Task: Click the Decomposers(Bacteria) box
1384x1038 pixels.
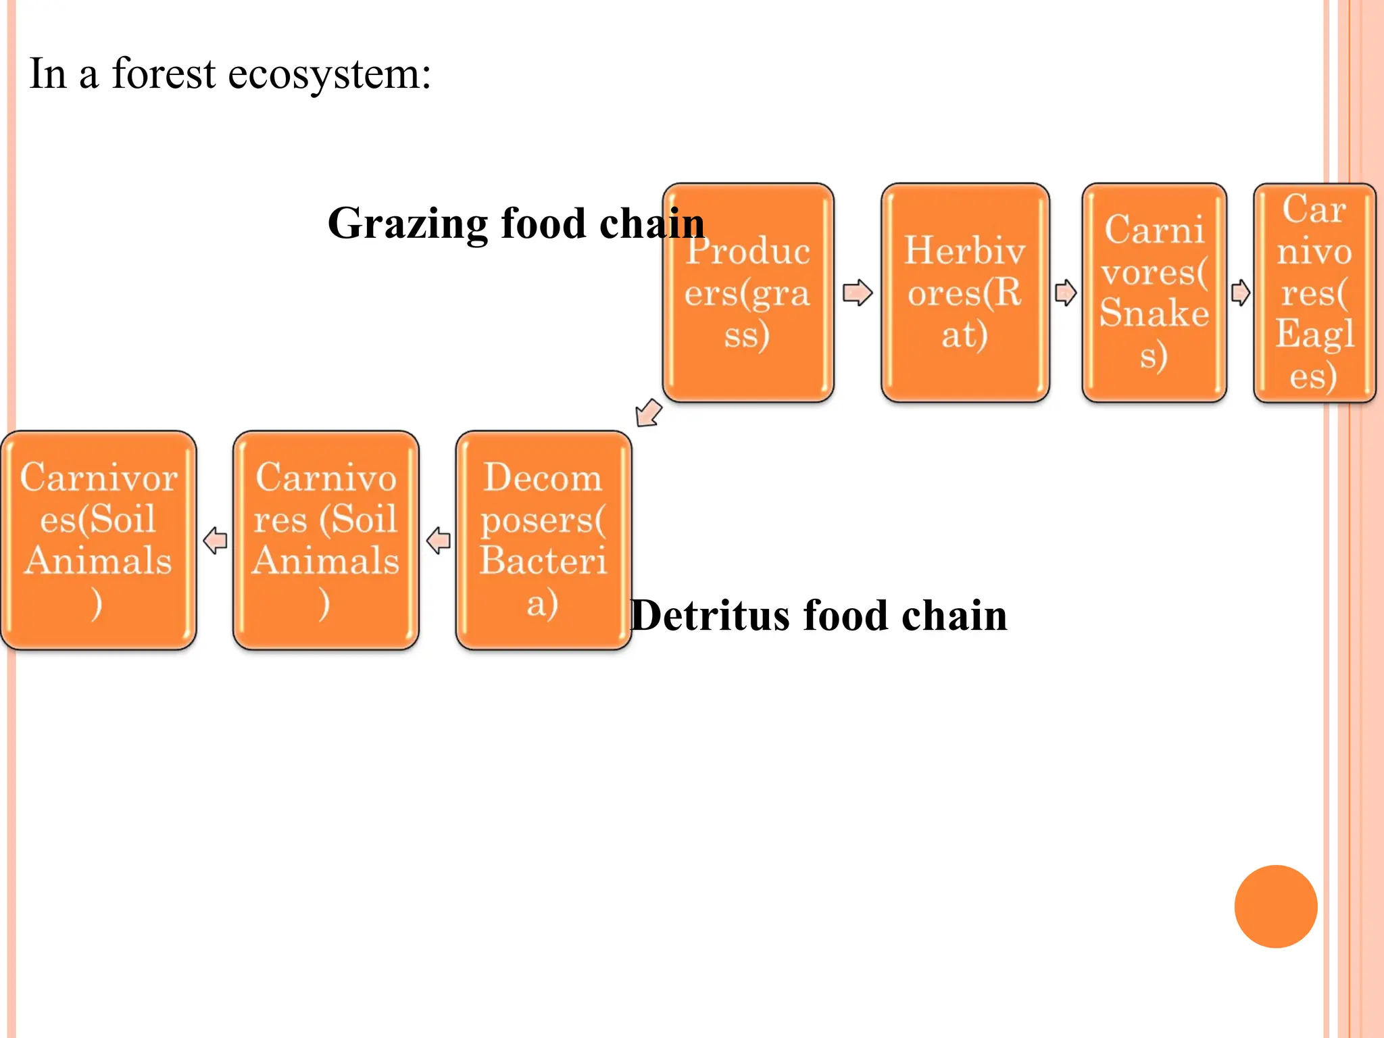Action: [x=543, y=540]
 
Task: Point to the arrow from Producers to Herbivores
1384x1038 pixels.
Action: [x=858, y=293]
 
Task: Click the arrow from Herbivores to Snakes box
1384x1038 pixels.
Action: [x=1066, y=293]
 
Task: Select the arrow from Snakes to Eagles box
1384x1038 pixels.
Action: [x=1240, y=293]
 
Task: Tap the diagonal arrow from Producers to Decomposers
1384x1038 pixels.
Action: [x=649, y=413]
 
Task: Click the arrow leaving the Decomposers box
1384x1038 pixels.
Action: [x=439, y=541]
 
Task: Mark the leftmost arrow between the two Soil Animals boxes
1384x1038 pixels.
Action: [x=215, y=541]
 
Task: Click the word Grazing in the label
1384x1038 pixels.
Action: [x=407, y=224]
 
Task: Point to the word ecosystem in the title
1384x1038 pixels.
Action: [x=329, y=74]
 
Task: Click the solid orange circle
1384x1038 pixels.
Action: [x=1275, y=906]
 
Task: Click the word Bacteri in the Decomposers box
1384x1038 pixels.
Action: [x=543, y=561]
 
